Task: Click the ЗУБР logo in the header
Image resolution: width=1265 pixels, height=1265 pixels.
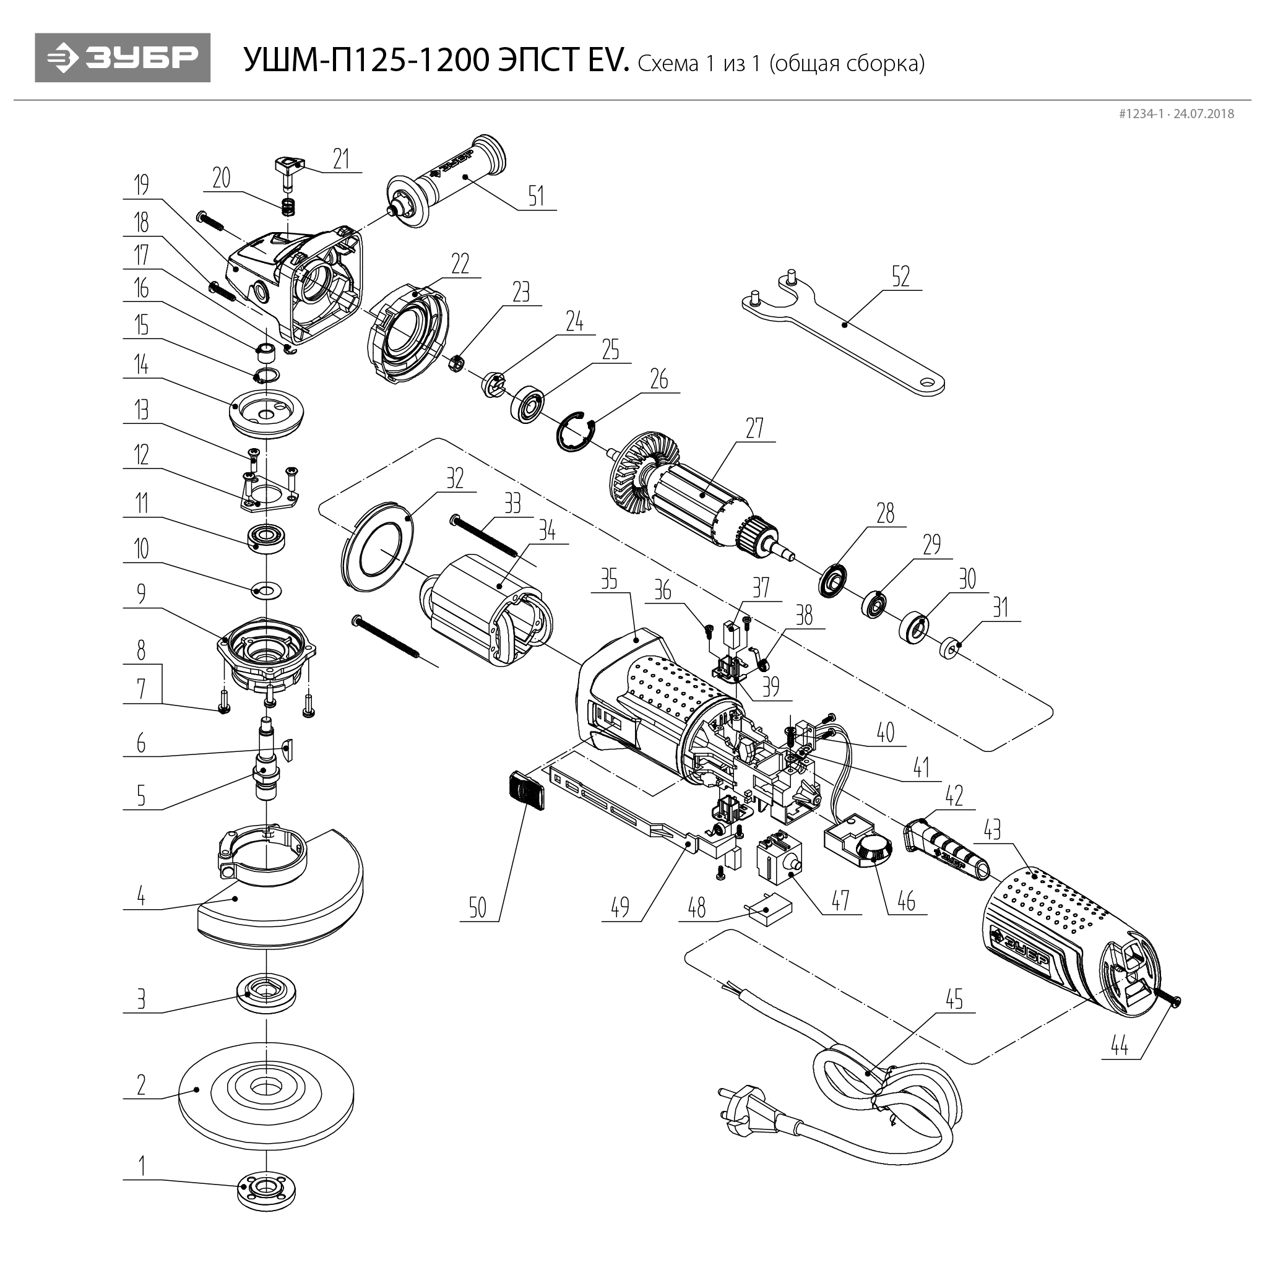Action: click(123, 58)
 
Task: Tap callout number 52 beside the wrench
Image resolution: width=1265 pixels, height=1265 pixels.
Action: click(900, 277)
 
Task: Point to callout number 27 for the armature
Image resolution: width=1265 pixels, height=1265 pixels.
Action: click(754, 429)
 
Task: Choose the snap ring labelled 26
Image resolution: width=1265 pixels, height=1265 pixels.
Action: click(577, 432)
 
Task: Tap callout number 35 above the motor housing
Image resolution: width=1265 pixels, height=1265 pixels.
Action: click(609, 579)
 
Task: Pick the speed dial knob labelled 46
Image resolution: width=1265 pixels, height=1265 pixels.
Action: click(873, 851)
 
